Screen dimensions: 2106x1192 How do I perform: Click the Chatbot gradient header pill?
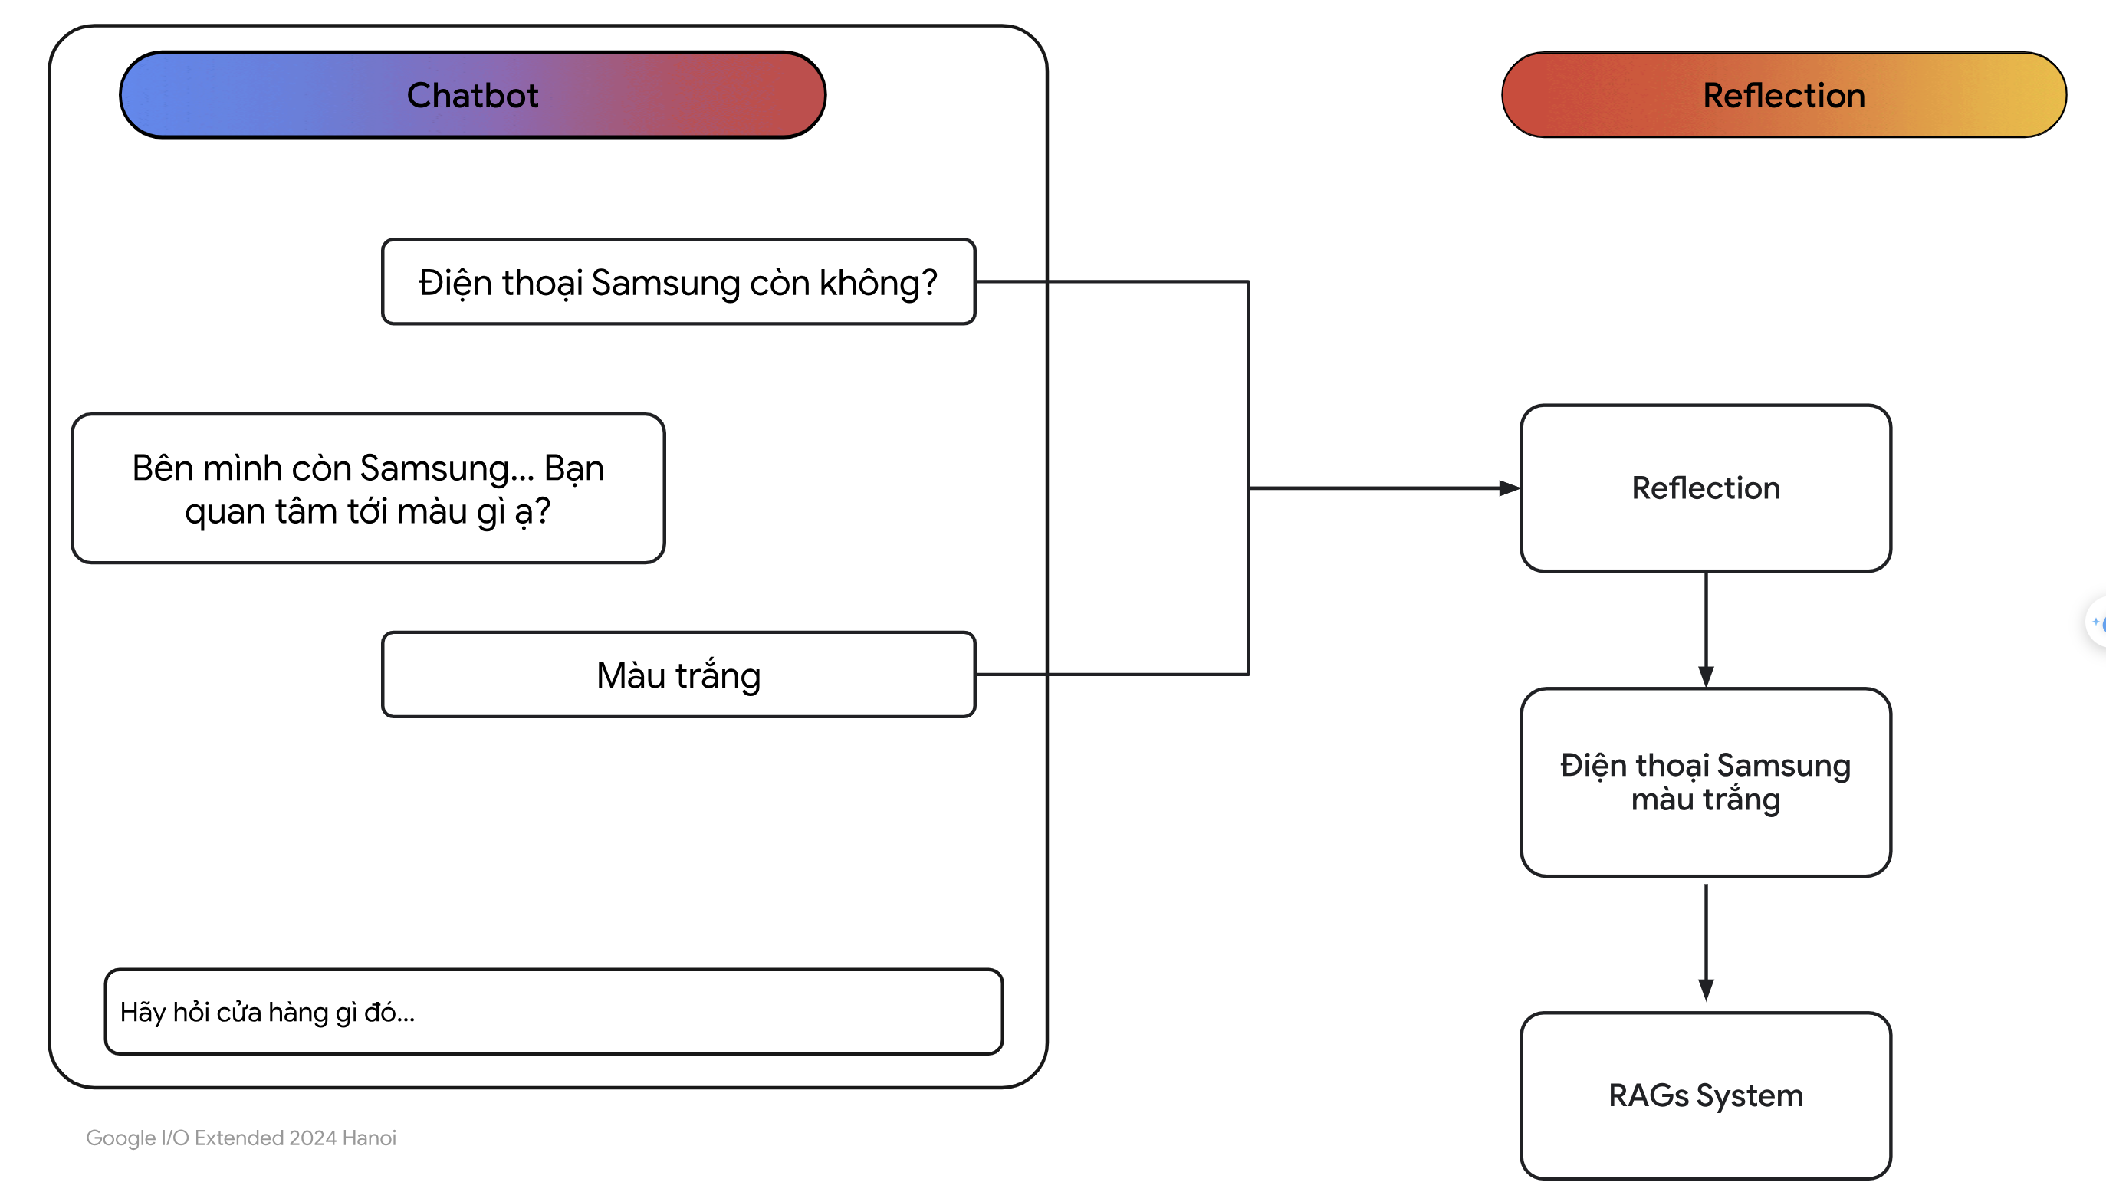coord(472,95)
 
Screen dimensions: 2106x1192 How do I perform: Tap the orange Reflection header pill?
coord(1783,95)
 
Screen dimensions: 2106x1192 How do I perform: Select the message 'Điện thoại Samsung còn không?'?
coord(678,281)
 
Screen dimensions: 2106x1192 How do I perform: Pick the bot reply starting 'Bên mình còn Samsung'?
coord(368,488)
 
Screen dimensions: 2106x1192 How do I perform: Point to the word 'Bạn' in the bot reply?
coord(574,468)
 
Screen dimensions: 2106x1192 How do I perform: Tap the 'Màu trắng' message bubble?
coord(678,675)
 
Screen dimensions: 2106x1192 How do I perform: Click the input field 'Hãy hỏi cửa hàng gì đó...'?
coord(554,1012)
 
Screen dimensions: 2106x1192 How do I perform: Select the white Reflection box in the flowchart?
coord(1706,488)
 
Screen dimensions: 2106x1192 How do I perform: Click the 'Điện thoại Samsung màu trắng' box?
coord(1706,783)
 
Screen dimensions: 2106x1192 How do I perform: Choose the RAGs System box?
coord(1706,1095)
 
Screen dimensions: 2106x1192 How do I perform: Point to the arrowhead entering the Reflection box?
coord(1509,488)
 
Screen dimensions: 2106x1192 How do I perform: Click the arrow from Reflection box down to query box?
coord(1706,629)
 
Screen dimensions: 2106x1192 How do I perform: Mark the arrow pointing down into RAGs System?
coord(1706,942)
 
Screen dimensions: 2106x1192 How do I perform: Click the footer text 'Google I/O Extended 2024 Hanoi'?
coord(241,1138)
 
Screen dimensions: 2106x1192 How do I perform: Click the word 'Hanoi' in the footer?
coord(370,1138)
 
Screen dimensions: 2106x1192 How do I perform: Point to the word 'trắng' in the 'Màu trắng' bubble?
coord(718,675)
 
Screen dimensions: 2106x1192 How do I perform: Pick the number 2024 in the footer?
coord(313,1138)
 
